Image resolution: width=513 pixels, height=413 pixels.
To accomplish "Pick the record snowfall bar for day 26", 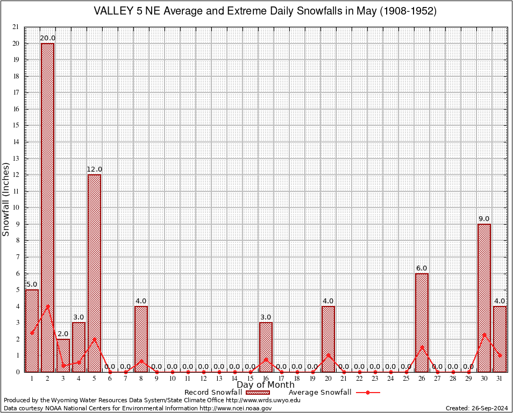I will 422,322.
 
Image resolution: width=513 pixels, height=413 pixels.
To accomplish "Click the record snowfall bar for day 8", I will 141,339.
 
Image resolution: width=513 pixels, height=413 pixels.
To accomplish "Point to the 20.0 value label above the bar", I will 47,38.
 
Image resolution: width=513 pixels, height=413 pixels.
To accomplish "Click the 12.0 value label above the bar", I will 94,169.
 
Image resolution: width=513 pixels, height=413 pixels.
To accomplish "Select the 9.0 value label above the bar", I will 484,219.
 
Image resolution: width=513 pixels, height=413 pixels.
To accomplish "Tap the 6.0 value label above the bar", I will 422,268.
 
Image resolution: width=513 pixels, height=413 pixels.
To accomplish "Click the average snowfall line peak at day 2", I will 47,306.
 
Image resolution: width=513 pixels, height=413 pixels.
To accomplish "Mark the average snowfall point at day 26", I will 422,347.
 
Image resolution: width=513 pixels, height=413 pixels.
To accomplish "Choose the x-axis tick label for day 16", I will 266,379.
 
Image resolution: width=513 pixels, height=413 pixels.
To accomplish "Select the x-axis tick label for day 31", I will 500,379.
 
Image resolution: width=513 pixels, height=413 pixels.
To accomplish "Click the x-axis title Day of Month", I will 266,385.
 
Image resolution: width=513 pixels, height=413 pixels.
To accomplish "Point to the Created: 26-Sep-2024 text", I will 476,408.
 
